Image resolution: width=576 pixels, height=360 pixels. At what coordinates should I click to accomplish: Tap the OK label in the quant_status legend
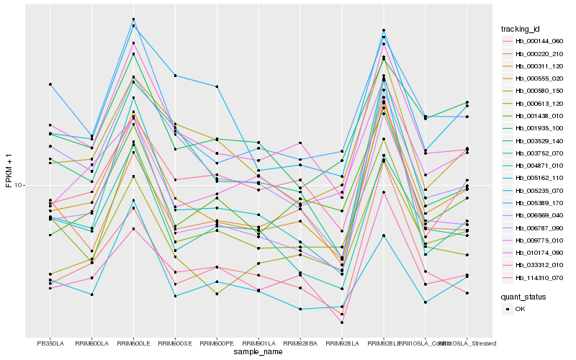(x=521, y=308)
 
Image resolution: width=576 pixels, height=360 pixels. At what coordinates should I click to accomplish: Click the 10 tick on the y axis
(x=19, y=185)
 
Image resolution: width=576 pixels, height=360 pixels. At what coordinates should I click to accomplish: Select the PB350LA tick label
(x=50, y=343)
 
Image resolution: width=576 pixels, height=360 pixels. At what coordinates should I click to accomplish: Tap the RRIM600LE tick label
(x=133, y=343)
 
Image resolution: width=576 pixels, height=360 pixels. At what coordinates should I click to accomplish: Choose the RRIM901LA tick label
(x=258, y=343)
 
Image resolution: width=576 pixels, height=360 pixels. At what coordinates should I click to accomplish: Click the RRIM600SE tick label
(x=175, y=343)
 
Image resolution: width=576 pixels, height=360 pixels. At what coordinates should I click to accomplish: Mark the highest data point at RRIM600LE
(x=133, y=19)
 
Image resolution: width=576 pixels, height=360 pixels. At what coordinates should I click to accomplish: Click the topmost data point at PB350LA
(x=50, y=84)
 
